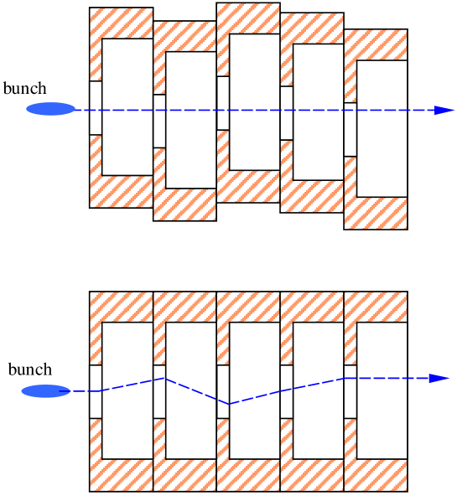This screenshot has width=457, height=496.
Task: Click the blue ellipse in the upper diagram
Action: point(50,109)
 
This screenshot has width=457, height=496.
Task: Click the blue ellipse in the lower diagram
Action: point(45,391)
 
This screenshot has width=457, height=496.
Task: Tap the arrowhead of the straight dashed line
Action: point(444,110)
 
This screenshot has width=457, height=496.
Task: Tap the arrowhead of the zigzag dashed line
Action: point(439,379)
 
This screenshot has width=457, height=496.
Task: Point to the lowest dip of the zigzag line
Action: point(229,404)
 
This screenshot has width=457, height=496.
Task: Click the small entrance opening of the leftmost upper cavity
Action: point(96,107)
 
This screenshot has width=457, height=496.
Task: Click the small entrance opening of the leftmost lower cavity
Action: point(96,391)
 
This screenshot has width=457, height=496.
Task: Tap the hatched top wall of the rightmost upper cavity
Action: point(376,44)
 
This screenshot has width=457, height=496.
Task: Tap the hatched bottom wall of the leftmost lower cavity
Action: point(122,475)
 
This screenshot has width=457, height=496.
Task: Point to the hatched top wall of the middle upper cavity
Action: point(248,18)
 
